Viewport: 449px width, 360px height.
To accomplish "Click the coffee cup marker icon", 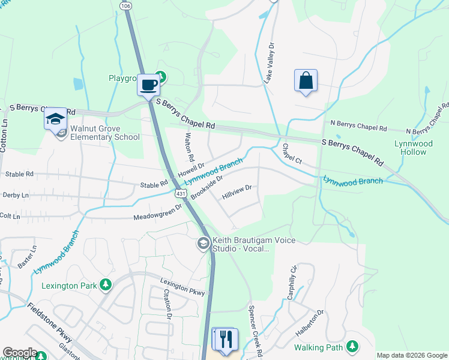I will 148,84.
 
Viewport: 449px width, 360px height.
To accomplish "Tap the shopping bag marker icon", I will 306,80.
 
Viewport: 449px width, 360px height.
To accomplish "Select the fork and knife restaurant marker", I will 226,339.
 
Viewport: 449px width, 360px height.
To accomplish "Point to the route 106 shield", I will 124,5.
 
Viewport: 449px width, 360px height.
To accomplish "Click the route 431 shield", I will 181,194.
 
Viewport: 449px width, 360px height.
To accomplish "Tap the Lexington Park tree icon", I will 106,283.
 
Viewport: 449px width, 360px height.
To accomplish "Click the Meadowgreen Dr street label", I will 157,212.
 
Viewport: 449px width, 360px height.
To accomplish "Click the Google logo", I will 19,353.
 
